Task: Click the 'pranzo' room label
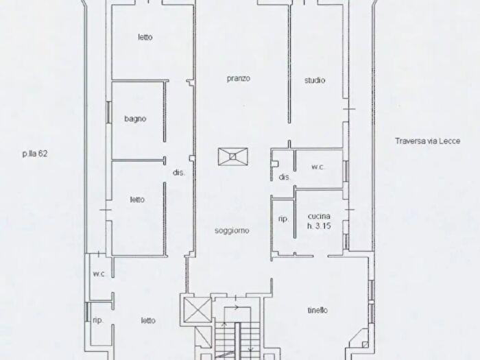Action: click(x=239, y=79)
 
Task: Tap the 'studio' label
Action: click(x=315, y=80)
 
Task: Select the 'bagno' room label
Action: click(x=135, y=119)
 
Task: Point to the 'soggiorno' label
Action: click(x=232, y=230)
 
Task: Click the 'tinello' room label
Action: click(x=317, y=311)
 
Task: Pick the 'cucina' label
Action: click(x=319, y=216)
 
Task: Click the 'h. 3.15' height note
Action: click(x=320, y=226)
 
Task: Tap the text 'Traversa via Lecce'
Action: click(x=428, y=141)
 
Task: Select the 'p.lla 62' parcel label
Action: click(x=35, y=154)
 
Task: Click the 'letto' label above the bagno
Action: click(x=145, y=37)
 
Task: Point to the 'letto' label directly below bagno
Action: click(x=137, y=200)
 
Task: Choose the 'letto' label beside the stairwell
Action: click(x=148, y=320)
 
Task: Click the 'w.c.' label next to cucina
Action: click(x=317, y=167)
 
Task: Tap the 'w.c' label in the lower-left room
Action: click(x=99, y=274)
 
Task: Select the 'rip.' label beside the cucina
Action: click(x=283, y=219)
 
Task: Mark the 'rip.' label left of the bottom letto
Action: click(x=98, y=320)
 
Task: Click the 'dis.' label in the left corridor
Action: click(x=179, y=173)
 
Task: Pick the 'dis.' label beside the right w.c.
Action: click(x=285, y=177)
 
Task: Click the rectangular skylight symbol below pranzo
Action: click(x=233, y=156)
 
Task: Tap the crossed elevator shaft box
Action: click(x=197, y=310)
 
